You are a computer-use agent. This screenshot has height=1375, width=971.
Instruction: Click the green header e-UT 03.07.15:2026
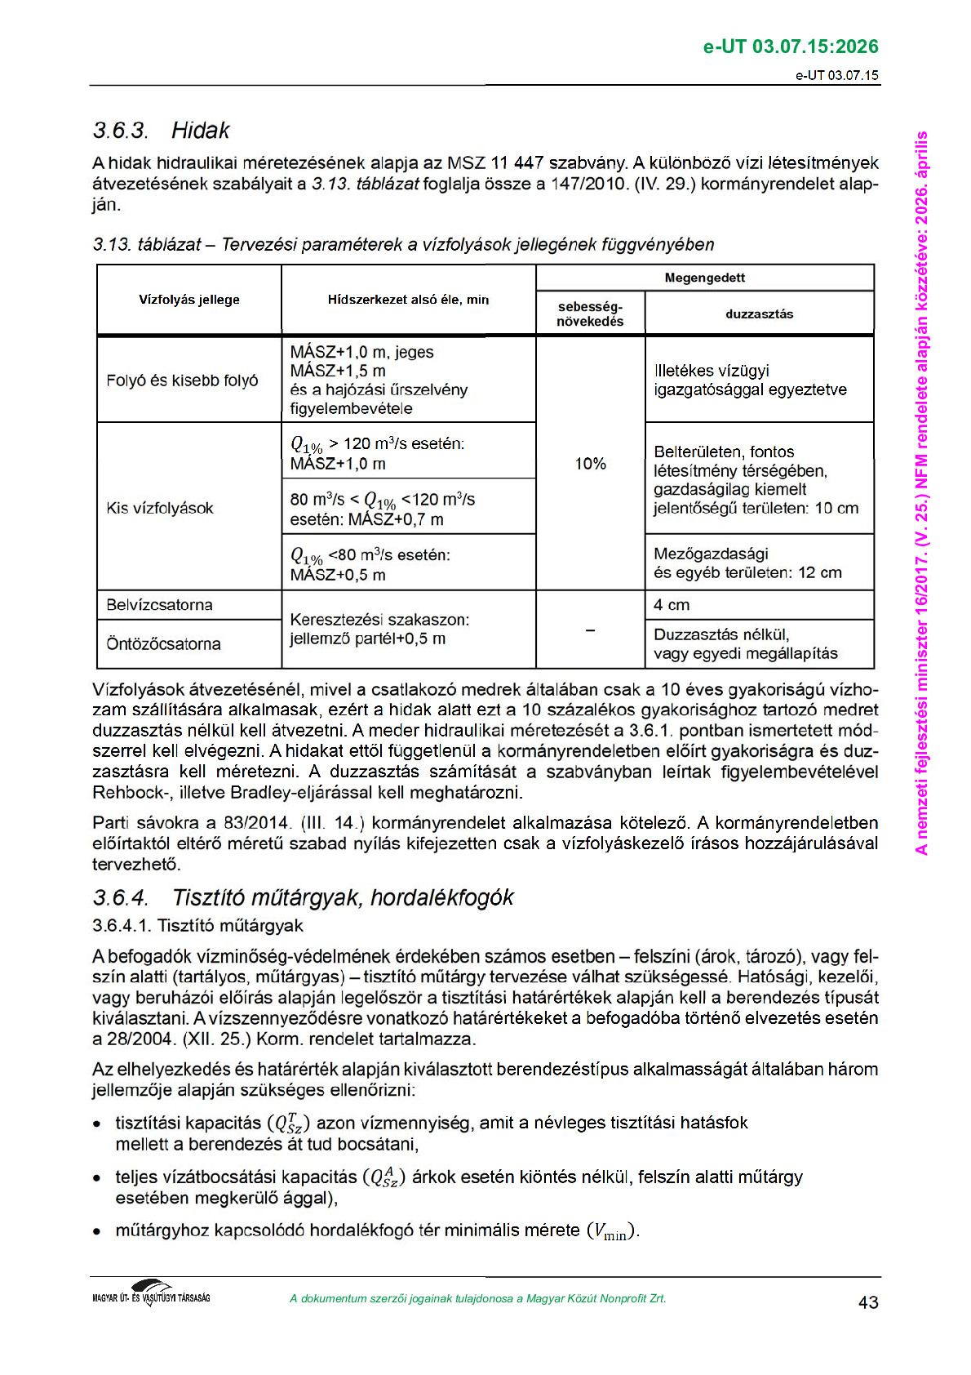(x=790, y=47)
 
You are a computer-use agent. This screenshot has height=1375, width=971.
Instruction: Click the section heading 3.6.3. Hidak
(x=161, y=131)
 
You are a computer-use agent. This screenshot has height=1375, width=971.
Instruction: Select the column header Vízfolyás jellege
(x=188, y=300)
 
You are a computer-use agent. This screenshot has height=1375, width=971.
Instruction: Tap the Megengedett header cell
(x=704, y=278)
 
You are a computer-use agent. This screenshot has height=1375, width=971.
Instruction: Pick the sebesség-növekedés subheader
(x=590, y=314)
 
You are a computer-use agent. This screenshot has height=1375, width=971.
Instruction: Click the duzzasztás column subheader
(x=759, y=314)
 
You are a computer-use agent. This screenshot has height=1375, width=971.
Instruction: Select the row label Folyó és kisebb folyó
(x=182, y=380)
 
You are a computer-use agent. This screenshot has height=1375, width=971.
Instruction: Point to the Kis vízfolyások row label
(x=160, y=508)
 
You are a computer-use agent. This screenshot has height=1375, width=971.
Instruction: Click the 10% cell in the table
(x=590, y=464)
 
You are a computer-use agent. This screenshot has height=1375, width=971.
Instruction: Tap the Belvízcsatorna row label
(x=160, y=605)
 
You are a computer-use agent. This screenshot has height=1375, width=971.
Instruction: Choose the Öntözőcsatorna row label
(x=163, y=644)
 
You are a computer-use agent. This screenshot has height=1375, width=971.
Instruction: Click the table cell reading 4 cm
(x=672, y=605)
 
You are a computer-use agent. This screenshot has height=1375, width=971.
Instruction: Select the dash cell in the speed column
(x=590, y=630)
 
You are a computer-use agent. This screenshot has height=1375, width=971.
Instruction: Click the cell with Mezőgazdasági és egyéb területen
(x=747, y=563)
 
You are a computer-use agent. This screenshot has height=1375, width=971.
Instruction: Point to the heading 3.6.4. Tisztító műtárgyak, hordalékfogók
(x=303, y=898)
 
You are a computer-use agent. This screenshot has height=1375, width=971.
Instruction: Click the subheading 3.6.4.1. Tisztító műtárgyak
(x=197, y=926)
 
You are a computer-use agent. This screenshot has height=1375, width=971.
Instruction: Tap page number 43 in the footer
(x=868, y=1302)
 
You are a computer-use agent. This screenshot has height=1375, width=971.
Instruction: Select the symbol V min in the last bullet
(x=612, y=1232)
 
